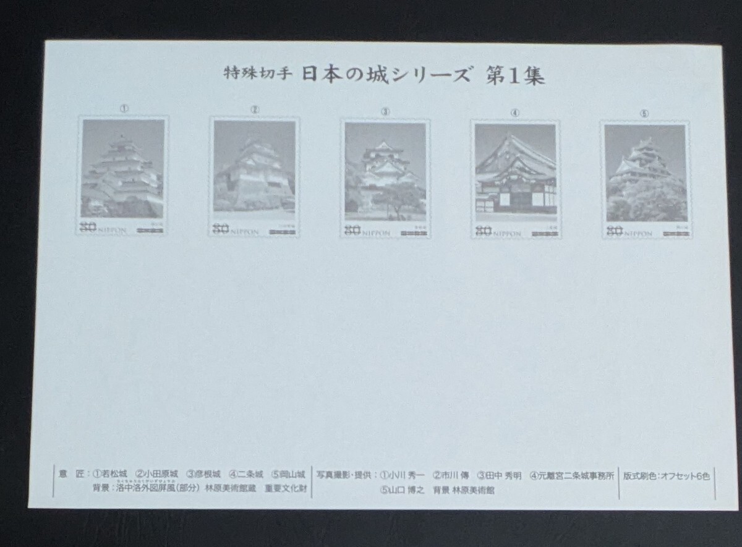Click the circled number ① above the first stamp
124,108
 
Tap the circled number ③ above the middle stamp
385,112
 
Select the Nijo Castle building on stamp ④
515,179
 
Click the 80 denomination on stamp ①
89,228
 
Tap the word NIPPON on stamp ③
377,232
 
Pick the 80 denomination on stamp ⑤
614,232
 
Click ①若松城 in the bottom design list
110,475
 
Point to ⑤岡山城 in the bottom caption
288,475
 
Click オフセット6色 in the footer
686,475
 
